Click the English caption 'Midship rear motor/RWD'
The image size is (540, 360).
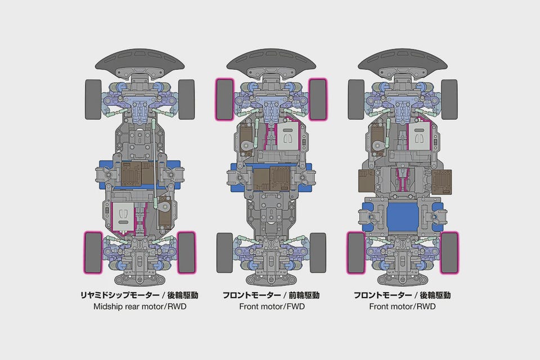(x=140, y=306)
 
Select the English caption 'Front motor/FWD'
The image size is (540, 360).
(x=272, y=306)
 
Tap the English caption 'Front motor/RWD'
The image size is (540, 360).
(x=402, y=306)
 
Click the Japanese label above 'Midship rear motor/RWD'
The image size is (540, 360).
(x=139, y=295)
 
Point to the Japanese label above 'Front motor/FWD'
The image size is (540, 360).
(x=271, y=295)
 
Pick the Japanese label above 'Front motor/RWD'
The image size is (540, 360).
(x=402, y=295)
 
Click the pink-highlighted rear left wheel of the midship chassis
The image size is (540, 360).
(x=93, y=253)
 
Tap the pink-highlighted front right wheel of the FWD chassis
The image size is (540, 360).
(x=317, y=100)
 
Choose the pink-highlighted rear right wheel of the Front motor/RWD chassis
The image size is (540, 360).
(x=449, y=253)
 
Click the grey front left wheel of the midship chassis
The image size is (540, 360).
(x=93, y=100)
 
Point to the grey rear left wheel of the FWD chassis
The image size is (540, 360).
(x=224, y=253)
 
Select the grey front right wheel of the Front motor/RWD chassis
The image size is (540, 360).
(x=449, y=100)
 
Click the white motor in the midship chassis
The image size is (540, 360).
(x=123, y=218)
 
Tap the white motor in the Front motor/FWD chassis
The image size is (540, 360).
(x=288, y=136)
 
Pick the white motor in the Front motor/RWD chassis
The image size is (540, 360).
(x=418, y=136)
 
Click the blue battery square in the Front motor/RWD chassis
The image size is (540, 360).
(x=402, y=217)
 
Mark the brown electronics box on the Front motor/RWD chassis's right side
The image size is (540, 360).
(x=442, y=181)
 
